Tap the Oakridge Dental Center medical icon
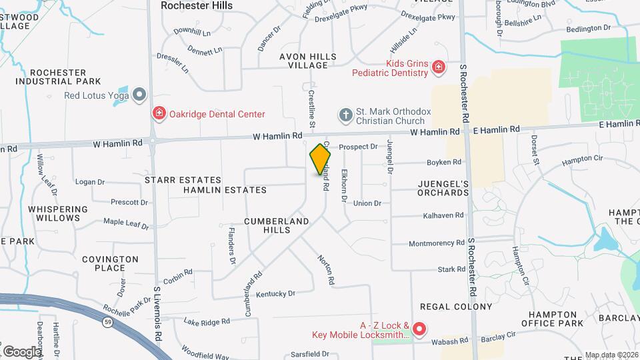pyautogui.click(x=159, y=114)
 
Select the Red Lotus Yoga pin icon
pyautogui.click(x=139, y=95)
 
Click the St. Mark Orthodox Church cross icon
pyautogui.click(x=345, y=115)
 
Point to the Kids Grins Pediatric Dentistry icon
pyautogui.click(x=438, y=67)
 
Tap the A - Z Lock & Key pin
pyautogui.click(x=419, y=329)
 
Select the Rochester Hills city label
pyautogui.click(x=197, y=5)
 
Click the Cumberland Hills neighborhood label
pyautogui.click(x=276, y=225)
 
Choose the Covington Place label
pyautogui.click(x=110, y=263)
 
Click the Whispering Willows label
pyautogui.click(x=58, y=213)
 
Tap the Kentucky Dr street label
pyautogui.click(x=275, y=293)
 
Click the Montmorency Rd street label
pyautogui.click(x=437, y=243)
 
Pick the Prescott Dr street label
pyautogui.click(x=129, y=202)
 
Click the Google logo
pyautogui.click(x=21, y=351)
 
